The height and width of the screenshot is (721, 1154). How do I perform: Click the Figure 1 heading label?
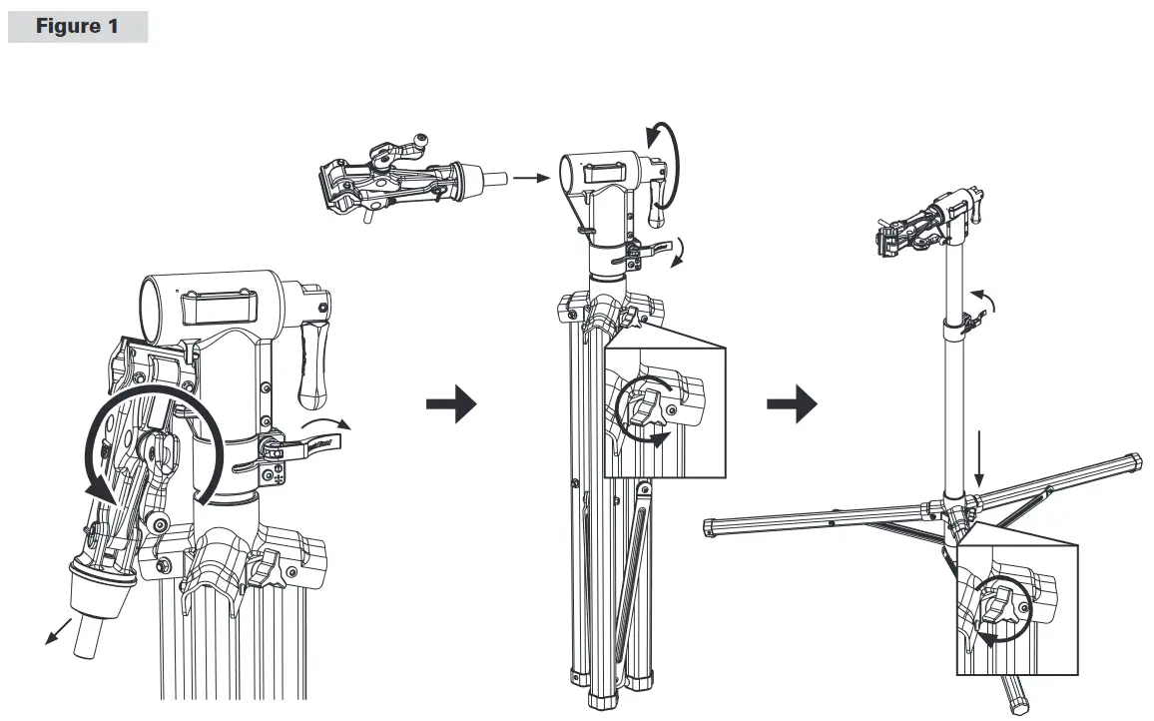[x=77, y=27]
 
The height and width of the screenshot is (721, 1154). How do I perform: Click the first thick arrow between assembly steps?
[x=451, y=403]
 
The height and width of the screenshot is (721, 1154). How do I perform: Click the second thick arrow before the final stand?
[x=792, y=403]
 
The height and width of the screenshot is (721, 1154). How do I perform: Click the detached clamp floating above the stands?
[x=412, y=179]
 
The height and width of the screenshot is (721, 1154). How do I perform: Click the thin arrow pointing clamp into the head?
[x=531, y=178]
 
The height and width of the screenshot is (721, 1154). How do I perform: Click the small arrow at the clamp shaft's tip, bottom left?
[x=58, y=632]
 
